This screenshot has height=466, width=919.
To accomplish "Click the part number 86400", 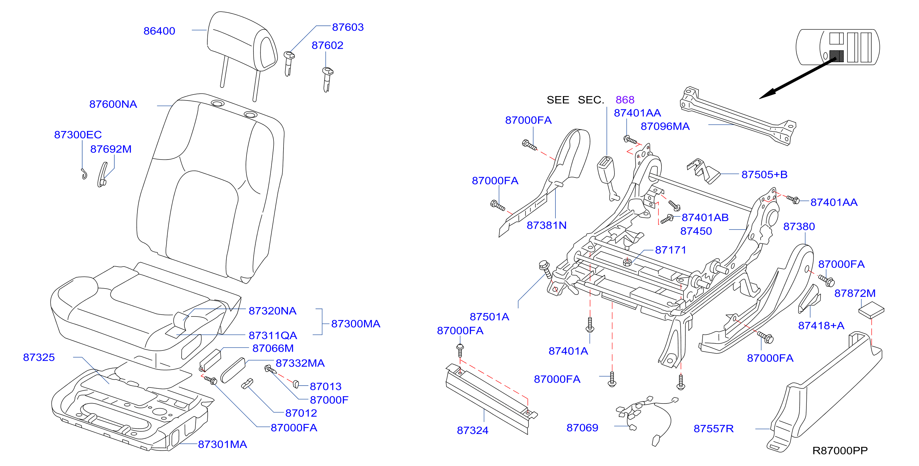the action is tap(159, 31).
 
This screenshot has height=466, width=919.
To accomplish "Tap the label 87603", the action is tap(348, 27).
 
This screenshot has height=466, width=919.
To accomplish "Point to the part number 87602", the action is tap(327, 45).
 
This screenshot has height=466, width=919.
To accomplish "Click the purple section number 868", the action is tap(625, 100).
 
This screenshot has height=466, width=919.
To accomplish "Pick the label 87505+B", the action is tap(764, 175).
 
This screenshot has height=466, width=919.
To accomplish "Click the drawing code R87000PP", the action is tap(840, 451).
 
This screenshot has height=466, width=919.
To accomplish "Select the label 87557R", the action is tap(714, 429).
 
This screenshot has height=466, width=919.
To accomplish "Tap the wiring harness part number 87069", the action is tap(582, 428).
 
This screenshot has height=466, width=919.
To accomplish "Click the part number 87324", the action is tap(473, 430).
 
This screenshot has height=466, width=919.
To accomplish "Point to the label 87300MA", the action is tap(356, 324).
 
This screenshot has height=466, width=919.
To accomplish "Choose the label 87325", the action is tap(39, 357).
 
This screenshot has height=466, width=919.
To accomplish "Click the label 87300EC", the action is tap(78, 135).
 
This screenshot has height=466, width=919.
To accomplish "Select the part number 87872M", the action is tap(855, 293).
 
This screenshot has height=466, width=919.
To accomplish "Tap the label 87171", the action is tap(671, 250).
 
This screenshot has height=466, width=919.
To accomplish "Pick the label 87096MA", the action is tap(665, 127).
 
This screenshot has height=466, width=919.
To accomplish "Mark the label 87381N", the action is tap(547, 225).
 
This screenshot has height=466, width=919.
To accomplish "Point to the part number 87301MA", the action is tap(222, 445).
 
